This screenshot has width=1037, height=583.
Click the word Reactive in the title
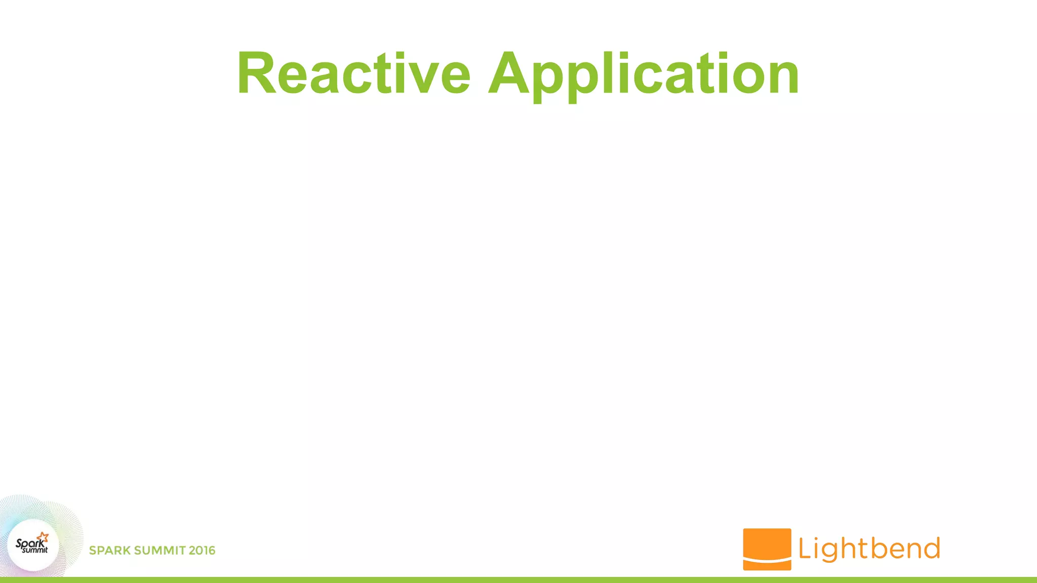click(353, 73)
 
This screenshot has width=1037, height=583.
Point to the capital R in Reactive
click(257, 73)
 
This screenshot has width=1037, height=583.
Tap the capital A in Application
click(511, 73)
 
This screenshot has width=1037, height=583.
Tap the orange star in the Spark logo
click(43, 537)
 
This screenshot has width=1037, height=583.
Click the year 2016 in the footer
click(202, 551)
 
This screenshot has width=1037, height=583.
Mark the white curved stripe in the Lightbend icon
click(767, 561)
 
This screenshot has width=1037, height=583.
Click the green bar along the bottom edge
click(518, 580)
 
